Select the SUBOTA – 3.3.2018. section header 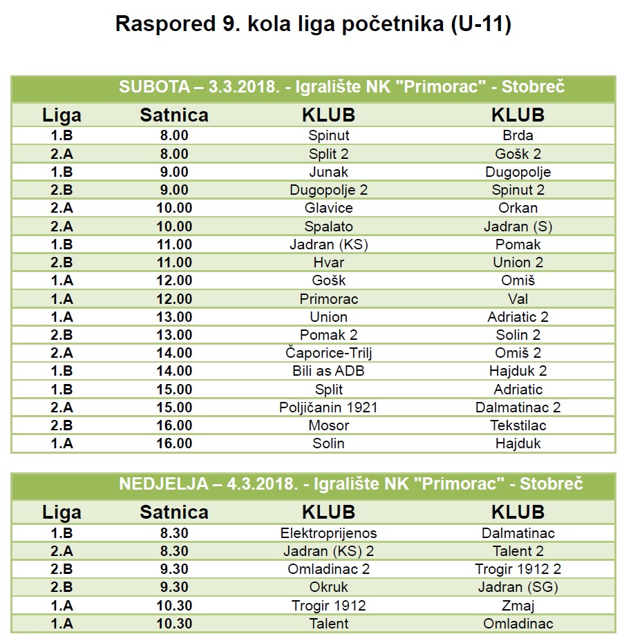(x=341, y=87)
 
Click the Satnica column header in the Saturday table (x=173, y=115)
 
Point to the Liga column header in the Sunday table (x=62, y=512)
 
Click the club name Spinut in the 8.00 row (x=328, y=135)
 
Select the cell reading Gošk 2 (x=518, y=153)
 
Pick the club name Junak (x=328, y=172)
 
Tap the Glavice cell (x=328, y=208)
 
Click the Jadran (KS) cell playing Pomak (x=328, y=244)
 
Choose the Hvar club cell (x=328, y=262)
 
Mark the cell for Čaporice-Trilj (x=328, y=353)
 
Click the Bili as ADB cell (x=328, y=371)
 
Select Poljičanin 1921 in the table (x=328, y=407)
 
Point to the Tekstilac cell (x=518, y=425)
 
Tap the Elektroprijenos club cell (x=328, y=533)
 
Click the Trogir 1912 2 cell (x=518, y=570)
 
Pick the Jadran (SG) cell (x=518, y=588)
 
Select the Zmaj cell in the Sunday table (x=518, y=606)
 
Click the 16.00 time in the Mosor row (x=173, y=425)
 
